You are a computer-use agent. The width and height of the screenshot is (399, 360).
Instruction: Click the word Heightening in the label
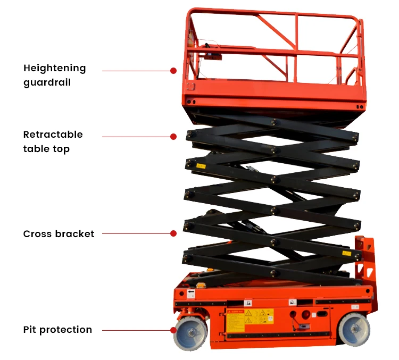[54, 68]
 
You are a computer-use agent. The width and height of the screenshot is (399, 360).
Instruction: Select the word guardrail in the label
[47, 82]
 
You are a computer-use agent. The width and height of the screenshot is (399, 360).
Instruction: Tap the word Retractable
[53, 135]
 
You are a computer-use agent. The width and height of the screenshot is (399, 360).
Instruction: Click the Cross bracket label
[59, 233]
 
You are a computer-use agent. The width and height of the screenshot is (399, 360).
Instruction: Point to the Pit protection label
[57, 330]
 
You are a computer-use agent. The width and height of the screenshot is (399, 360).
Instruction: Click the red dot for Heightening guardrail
[173, 70]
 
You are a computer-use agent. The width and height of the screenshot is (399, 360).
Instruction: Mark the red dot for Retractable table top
[173, 137]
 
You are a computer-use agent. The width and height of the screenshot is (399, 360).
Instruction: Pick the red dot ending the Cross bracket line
[173, 233]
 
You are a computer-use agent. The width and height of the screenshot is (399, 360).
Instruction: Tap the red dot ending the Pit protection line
[173, 330]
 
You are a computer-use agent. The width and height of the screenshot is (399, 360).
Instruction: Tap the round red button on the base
[293, 313]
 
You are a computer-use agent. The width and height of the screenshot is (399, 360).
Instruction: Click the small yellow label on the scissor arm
[201, 166]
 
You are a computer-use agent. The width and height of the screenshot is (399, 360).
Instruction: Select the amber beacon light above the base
[211, 271]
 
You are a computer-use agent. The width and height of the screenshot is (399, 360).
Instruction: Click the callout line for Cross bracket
[136, 233]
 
